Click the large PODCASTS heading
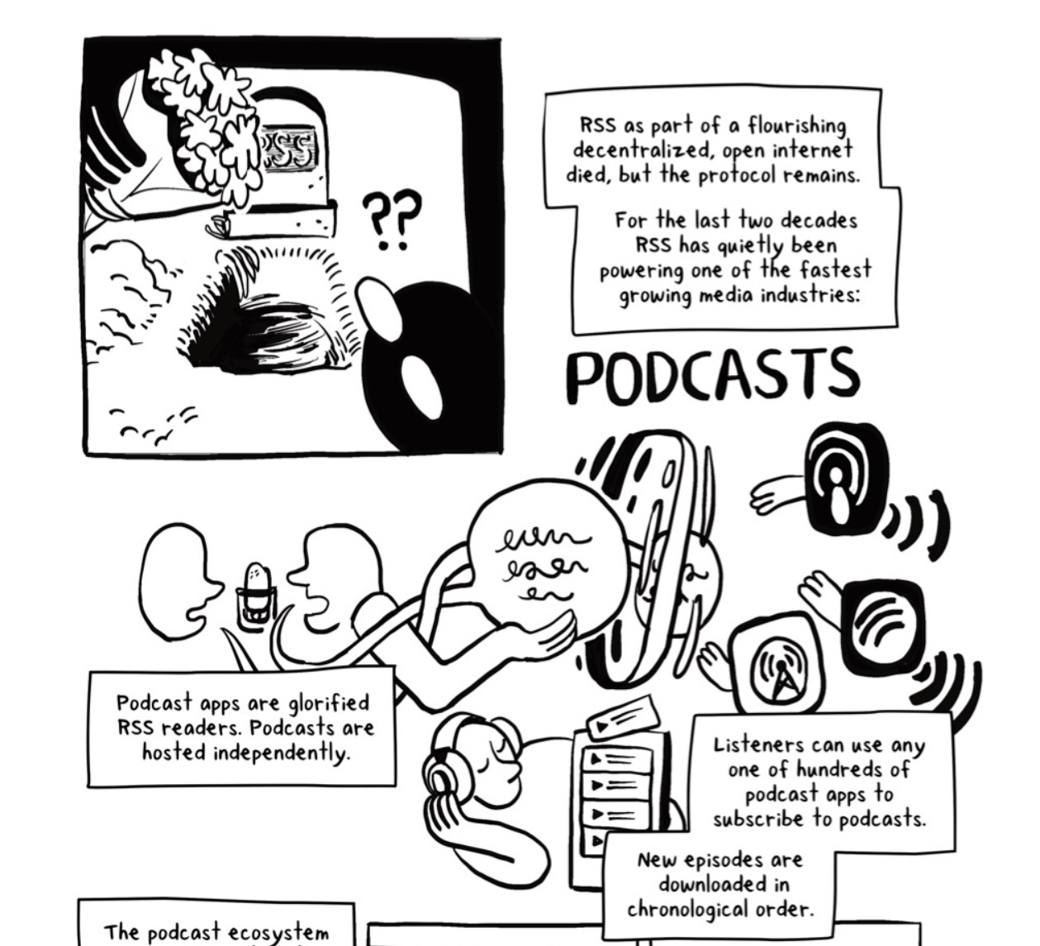coord(713,376)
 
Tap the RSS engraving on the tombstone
coord(288,149)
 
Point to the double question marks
coord(391,219)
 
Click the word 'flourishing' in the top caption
coord(796,127)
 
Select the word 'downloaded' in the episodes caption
coord(701,885)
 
